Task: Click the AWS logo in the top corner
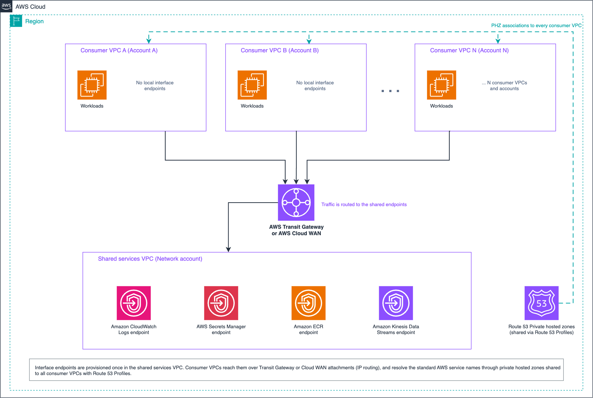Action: pyautogui.click(x=6, y=6)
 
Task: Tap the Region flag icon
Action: pyautogui.click(x=16, y=21)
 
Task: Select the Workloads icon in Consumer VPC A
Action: pyautogui.click(x=92, y=85)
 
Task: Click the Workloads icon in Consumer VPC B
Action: pyautogui.click(x=252, y=85)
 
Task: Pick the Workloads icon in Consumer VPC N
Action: pyautogui.click(x=442, y=85)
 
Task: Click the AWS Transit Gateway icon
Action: pyautogui.click(x=296, y=203)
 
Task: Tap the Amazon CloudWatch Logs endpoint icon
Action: pyautogui.click(x=134, y=303)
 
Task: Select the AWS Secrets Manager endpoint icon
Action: pyautogui.click(x=221, y=303)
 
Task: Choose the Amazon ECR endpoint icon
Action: pyautogui.click(x=308, y=303)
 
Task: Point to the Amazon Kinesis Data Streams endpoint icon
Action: pyautogui.click(x=396, y=303)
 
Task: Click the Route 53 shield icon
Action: pyautogui.click(x=542, y=303)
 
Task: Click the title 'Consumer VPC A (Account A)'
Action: pyautogui.click(x=119, y=50)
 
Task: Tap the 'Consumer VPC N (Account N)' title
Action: pyautogui.click(x=469, y=50)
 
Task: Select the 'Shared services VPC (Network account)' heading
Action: pyautogui.click(x=150, y=259)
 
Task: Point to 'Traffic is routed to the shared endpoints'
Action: pyautogui.click(x=364, y=204)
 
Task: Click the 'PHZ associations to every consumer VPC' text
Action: pyautogui.click(x=536, y=26)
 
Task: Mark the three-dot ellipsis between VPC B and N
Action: pyautogui.click(x=390, y=91)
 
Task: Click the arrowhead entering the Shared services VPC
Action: pyautogui.click(x=229, y=250)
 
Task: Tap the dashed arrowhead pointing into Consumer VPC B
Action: pyautogui.click(x=309, y=41)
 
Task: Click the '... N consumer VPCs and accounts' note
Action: pyautogui.click(x=504, y=86)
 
